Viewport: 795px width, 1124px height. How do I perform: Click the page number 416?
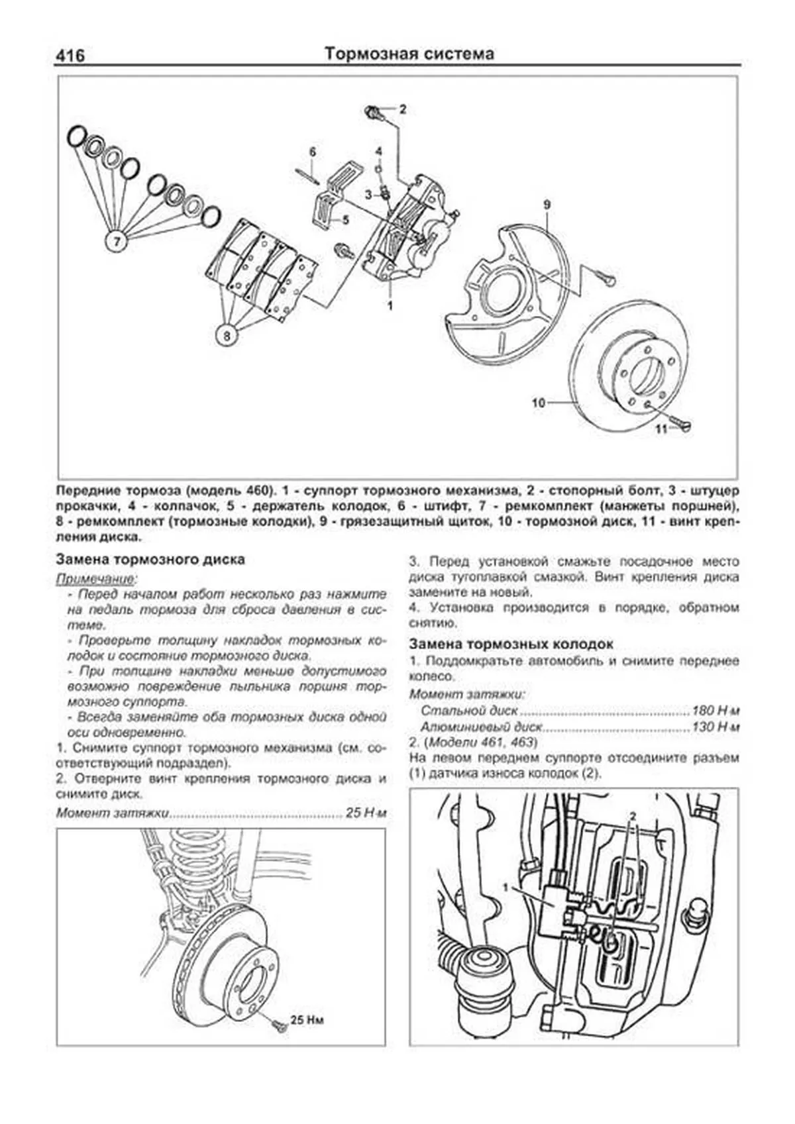click(x=70, y=55)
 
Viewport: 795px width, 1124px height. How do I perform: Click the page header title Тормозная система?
click(x=409, y=54)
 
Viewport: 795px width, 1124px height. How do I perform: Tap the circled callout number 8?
click(x=227, y=335)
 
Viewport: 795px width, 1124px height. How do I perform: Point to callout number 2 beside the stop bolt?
click(x=402, y=109)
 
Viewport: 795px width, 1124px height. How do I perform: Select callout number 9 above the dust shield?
click(x=547, y=205)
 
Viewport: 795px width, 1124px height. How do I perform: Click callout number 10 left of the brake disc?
click(x=538, y=402)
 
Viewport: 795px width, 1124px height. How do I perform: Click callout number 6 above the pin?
click(x=313, y=152)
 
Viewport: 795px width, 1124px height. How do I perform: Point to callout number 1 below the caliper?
click(x=390, y=305)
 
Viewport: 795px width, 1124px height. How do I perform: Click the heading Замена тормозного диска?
click(x=150, y=560)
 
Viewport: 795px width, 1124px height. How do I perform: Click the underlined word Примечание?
click(x=95, y=578)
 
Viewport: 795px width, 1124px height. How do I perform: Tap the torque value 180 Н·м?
click(x=715, y=711)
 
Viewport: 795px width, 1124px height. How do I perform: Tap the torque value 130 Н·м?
click(x=715, y=727)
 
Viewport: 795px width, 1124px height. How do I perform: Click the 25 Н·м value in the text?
click(x=366, y=813)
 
